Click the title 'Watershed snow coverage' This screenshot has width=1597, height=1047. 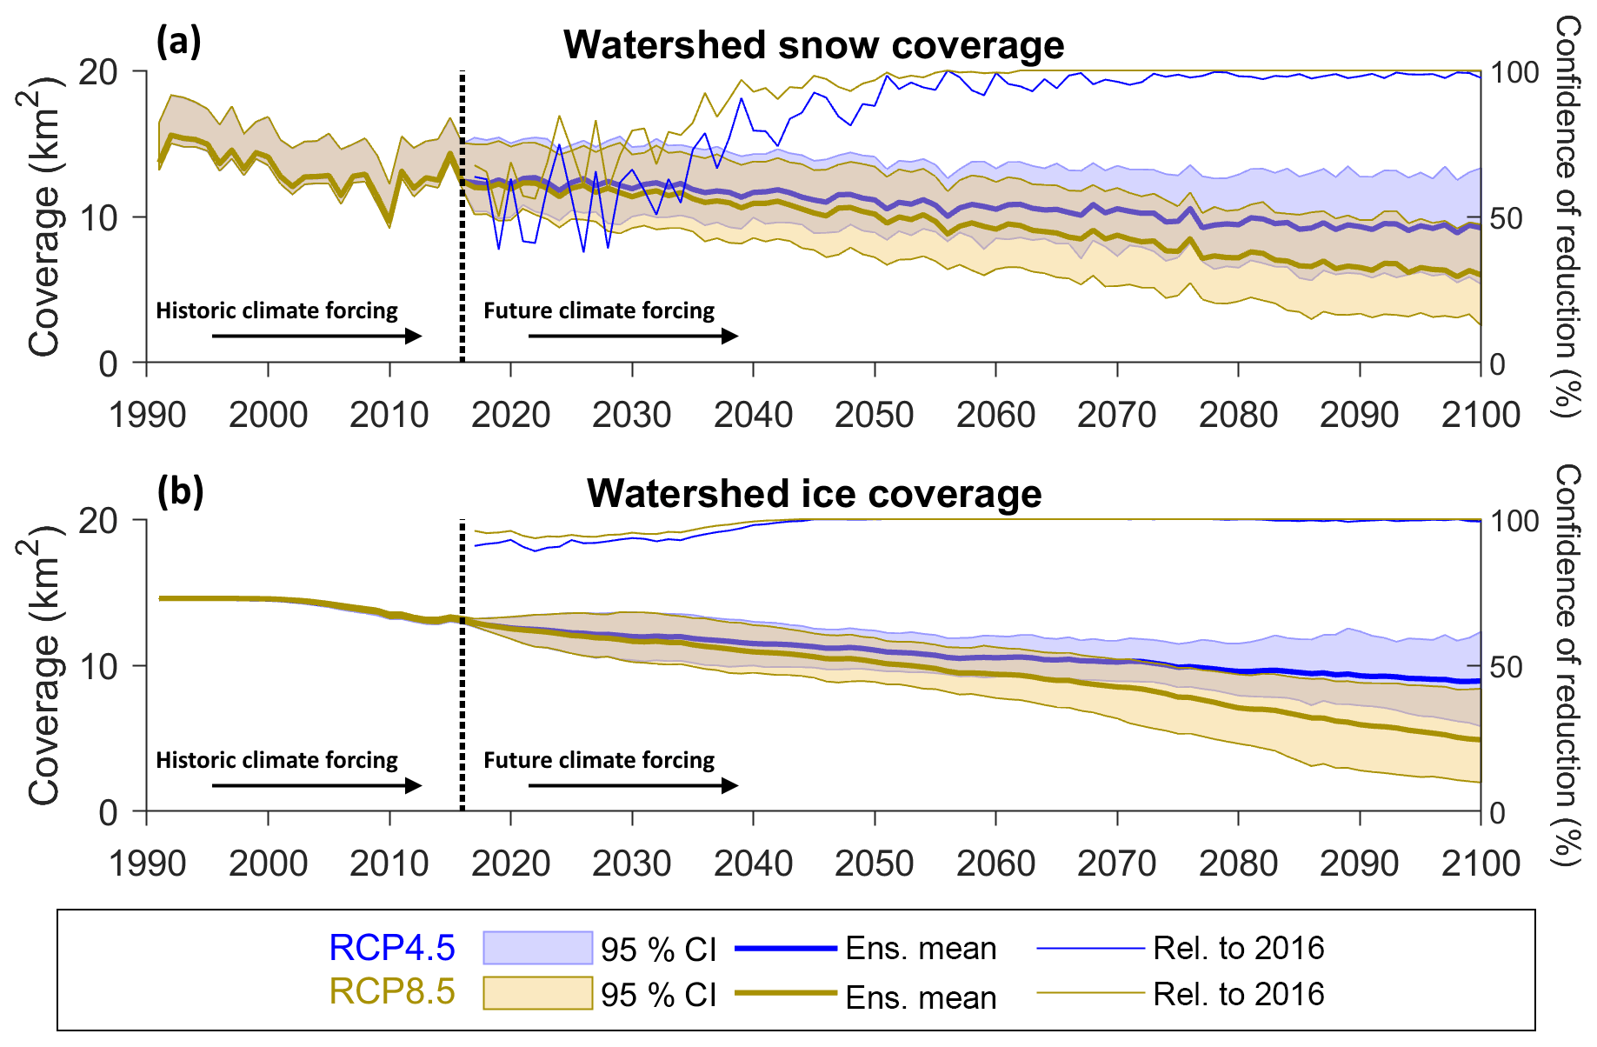(814, 45)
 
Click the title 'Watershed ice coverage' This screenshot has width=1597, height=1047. (814, 494)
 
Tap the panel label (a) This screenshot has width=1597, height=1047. (178, 42)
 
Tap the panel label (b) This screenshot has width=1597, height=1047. (180, 491)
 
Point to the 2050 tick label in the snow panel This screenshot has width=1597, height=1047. (874, 415)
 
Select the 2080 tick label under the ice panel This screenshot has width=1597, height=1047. (1238, 864)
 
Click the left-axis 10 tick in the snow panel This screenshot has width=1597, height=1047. (98, 217)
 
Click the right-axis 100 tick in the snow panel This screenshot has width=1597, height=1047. (1514, 72)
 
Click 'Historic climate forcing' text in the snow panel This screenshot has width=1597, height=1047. (276, 310)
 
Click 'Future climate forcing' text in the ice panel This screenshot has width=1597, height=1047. (599, 760)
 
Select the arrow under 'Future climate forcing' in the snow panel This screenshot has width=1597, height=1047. (633, 336)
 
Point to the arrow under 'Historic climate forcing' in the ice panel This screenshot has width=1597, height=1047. (316, 785)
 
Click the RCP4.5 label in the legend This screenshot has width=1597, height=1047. (391, 948)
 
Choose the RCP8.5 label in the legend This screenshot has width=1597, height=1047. (391, 991)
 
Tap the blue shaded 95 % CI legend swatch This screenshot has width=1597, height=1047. (537, 948)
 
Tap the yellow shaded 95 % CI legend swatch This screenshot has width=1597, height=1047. (537, 993)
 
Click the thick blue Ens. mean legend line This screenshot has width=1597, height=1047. (786, 948)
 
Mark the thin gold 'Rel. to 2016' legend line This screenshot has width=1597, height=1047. (1090, 992)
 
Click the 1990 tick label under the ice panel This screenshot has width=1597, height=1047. (147, 864)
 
